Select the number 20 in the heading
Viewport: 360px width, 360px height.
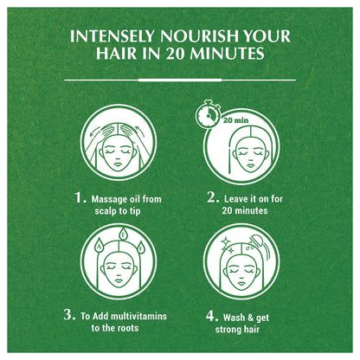[175, 54]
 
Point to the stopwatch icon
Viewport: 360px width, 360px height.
[209, 114]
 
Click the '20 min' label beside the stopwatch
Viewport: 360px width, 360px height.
[236, 120]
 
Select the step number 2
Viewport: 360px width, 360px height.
[213, 197]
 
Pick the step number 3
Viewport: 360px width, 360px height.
[69, 314]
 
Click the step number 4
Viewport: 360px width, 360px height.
[212, 316]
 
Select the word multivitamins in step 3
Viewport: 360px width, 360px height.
[138, 316]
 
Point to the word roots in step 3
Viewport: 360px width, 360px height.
[128, 328]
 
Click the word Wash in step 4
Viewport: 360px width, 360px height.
[232, 318]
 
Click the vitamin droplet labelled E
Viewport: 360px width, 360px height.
[123, 235]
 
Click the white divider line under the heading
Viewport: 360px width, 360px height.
[180, 80]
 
